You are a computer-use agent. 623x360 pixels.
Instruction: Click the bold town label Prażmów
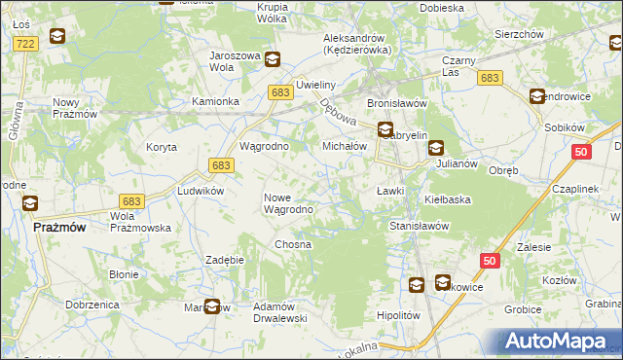59,226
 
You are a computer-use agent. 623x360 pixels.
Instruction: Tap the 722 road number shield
26,44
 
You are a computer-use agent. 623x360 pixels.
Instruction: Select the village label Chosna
292,244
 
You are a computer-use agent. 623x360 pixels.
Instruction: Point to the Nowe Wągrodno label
288,203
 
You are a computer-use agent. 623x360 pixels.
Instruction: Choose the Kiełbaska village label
448,199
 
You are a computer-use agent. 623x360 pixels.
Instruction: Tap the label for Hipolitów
397,316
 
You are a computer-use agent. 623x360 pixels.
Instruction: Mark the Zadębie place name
224,260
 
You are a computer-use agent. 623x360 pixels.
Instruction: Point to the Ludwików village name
201,191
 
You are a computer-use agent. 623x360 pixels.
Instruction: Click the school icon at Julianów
435,149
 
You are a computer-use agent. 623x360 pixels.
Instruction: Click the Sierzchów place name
518,33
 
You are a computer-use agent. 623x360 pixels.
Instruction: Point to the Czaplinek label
579,189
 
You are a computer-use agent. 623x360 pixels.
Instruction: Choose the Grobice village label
523,309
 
